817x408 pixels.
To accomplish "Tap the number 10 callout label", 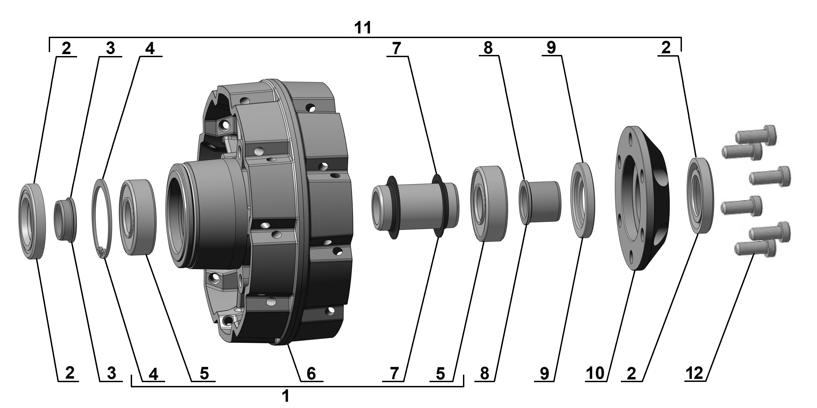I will (x=595, y=373).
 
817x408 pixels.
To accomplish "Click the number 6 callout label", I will (x=311, y=374).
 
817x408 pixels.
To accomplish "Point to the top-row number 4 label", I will (x=150, y=49).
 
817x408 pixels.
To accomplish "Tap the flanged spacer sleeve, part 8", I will (x=541, y=202).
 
